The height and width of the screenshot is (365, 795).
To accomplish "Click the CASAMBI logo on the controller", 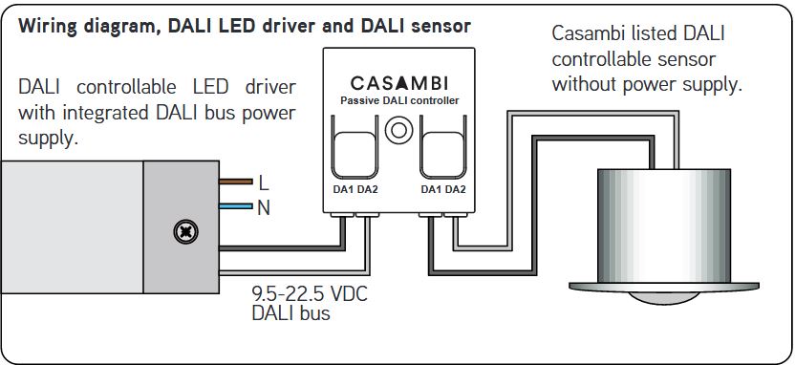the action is (399, 82).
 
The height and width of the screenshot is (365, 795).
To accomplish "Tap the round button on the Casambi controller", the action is (398, 130).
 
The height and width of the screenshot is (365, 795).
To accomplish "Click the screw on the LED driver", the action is (185, 233).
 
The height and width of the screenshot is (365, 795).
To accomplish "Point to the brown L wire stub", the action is (236, 182).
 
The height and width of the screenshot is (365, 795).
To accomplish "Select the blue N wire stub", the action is (236, 206).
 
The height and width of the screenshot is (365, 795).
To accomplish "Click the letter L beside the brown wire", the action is (263, 183).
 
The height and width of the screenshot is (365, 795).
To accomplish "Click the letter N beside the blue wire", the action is (264, 208).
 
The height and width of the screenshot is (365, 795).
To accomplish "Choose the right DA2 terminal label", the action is (455, 190).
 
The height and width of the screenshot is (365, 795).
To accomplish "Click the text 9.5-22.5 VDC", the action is (310, 294).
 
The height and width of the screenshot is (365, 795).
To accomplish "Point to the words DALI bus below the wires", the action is (291, 312).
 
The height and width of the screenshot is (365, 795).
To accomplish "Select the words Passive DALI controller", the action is (399, 100).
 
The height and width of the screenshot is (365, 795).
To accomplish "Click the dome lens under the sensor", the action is (664, 298).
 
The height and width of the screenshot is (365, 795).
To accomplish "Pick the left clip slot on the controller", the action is (355, 147).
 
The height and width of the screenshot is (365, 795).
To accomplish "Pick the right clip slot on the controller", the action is (443, 147).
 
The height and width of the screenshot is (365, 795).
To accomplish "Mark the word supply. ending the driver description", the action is (48, 139).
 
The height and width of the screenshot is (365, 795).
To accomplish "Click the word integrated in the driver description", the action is (106, 113).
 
